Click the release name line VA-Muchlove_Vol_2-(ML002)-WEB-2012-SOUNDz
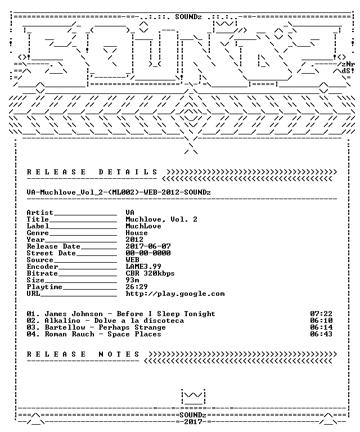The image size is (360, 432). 119,192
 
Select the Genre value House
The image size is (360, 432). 137,233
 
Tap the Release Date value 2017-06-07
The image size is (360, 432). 148,246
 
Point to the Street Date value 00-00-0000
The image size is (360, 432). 148,253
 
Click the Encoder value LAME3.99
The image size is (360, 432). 143,267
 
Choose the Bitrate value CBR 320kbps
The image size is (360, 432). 150,273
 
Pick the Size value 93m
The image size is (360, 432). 133,280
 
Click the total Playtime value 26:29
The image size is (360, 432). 137,287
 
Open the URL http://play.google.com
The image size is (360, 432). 175,294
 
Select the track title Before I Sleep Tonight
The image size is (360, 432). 166,314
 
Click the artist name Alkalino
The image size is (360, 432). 62,321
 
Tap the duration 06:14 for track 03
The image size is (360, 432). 321,327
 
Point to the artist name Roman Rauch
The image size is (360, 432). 69,334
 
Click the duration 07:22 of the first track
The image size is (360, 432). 321,314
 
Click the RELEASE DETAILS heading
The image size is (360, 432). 92,172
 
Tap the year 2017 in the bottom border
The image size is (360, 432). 193,422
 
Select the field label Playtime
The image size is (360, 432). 44,287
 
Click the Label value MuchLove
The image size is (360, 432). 143,226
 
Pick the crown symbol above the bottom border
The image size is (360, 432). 193,397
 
